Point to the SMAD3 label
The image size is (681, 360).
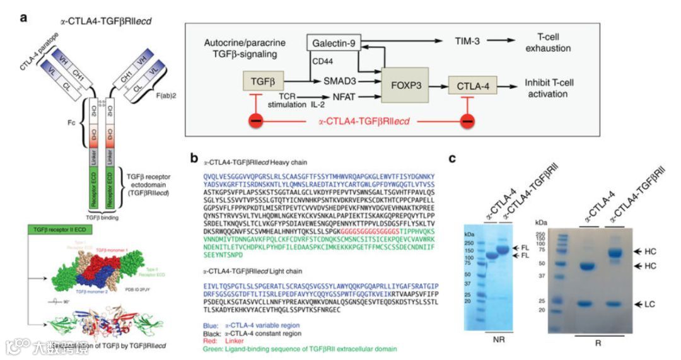pyautogui.click(x=340, y=82)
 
